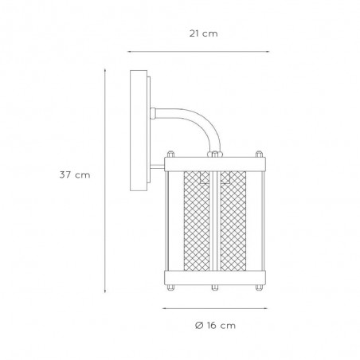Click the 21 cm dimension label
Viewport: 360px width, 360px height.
click(x=203, y=33)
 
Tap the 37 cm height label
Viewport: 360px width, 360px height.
click(x=75, y=175)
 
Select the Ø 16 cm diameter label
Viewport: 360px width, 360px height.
click(x=215, y=326)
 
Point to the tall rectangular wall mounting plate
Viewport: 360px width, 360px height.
click(x=139, y=131)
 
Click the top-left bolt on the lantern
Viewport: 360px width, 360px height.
click(x=170, y=155)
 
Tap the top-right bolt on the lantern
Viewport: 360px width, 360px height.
click(x=259, y=155)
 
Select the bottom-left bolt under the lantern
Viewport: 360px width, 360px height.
click(x=170, y=288)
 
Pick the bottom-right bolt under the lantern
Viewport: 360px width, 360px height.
click(x=259, y=288)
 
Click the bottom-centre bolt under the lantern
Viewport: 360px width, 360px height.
click(x=215, y=288)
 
